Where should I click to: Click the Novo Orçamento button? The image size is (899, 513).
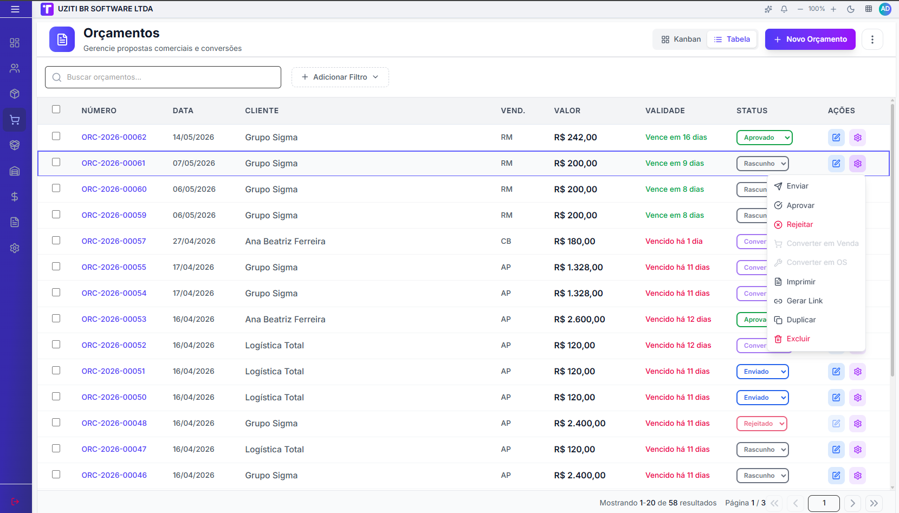[x=810, y=40]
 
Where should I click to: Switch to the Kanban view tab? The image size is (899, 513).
[x=681, y=40]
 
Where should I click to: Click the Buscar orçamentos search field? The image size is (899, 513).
[x=163, y=77]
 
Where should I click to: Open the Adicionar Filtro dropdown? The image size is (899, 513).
[x=340, y=77]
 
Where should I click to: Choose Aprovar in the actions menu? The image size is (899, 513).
[x=800, y=205]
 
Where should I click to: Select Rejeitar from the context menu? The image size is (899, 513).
[x=799, y=225]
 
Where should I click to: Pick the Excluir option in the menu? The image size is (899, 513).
[x=798, y=339]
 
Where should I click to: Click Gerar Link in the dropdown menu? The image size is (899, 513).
[x=804, y=301]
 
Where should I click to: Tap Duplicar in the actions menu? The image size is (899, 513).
[x=801, y=320]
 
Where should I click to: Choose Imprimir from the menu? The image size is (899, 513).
[x=801, y=282]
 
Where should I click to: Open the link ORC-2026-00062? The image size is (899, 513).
[x=114, y=137]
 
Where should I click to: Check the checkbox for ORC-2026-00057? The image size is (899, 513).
[x=56, y=241]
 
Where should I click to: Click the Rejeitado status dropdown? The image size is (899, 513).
[x=761, y=424]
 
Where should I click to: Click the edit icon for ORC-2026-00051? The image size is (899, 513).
[x=836, y=372]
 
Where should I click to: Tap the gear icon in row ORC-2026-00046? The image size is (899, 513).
[x=858, y=475]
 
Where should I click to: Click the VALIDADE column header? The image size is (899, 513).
[x=665, y=111]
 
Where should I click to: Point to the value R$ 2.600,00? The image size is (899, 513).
[x=579, y=319]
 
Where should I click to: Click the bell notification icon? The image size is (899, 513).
[x=784, y=9]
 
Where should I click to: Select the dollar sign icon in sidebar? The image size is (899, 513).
[x=15, y=197]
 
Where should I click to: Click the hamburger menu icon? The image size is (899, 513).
[x=15, y=9]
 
